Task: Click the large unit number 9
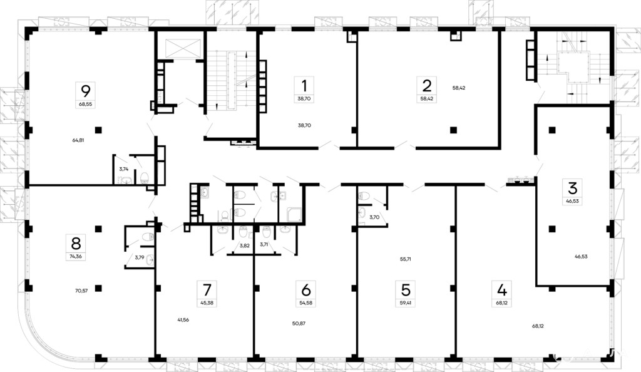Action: (x=86, y=91)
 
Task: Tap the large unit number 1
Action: (x=304, y=86)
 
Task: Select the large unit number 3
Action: (x=572, y=188)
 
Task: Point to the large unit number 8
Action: (x=76, y=243)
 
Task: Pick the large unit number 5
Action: (x=406, y=290)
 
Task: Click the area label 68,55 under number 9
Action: (x=86, y=104)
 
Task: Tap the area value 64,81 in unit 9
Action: (x=78, y=140)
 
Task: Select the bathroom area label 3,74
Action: (x=124, y=169)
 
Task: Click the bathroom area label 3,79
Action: (x=140, y=257)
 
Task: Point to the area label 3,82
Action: (x=245, y=245)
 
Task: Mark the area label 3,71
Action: (x=264, y=244)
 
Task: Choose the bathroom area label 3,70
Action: (x=374, y=217)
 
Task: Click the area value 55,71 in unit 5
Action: (x=406, y=259)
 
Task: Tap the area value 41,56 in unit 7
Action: (x=183, y=320)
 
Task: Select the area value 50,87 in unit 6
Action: (x=299, y=323)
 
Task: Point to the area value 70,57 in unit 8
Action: (x=81, y=291)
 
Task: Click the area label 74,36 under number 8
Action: (x=76, y=257)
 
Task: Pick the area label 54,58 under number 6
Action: (x=305, y=303)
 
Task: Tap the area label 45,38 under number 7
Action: (x=207, y=303)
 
